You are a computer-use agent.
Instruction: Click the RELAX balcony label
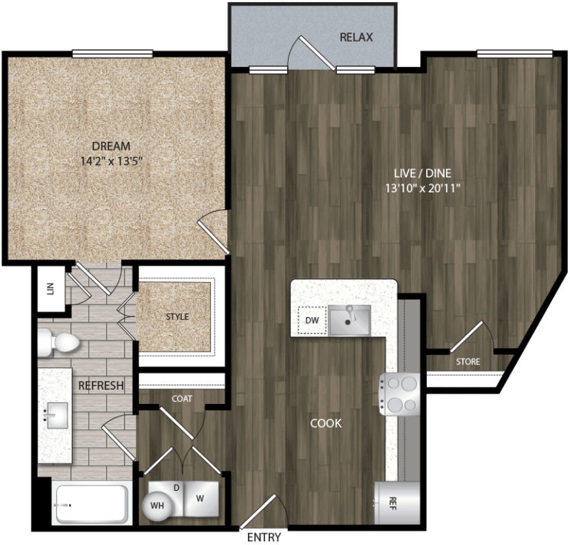tap(356, 37)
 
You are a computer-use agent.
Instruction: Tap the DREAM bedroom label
tap(111, 146)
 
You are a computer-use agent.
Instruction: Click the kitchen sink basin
tap(350, 320)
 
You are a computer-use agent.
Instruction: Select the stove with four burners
tap(402, 394)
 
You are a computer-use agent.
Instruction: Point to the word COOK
tap(326, 423)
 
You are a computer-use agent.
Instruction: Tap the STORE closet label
tap(468, 362)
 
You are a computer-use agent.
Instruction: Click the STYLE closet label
tap(177, 317)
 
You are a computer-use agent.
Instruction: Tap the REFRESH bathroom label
tap(100, 386)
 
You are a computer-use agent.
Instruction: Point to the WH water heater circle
tap(157, 505)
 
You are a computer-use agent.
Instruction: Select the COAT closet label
tap(182, 399)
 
